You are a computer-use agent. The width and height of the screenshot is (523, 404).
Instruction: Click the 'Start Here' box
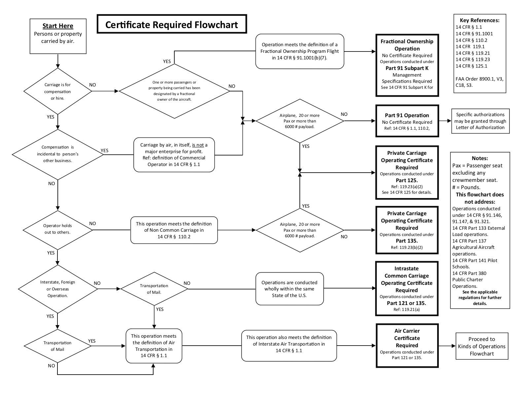coord(58,36)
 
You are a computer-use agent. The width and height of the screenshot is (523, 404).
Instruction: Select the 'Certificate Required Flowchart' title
coord(172,24)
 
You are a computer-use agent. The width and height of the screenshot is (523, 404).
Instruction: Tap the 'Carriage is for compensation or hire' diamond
coord(58,91)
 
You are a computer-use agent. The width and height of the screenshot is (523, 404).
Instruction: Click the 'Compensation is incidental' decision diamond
coord(58,154)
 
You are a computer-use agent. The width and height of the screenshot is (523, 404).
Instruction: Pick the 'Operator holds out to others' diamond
coord(57,229)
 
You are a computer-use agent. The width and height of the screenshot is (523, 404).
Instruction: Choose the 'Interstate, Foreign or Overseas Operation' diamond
coord(58,289)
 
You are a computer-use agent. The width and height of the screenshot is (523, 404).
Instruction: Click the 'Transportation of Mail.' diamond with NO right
coord(154,289)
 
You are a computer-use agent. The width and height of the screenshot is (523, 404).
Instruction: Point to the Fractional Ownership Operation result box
coord(407,65)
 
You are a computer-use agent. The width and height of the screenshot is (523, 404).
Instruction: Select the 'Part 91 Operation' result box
coord(407,121)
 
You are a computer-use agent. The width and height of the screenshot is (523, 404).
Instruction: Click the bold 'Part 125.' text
coord(407,180)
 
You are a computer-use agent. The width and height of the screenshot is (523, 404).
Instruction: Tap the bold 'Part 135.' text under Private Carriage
coord(407,241)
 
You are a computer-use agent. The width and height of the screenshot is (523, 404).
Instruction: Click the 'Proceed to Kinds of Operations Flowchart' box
coord(482,346)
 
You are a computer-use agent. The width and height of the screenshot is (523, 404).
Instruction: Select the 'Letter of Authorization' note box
coord(480,121)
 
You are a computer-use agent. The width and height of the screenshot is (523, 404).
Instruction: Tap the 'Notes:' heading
coord(480,158)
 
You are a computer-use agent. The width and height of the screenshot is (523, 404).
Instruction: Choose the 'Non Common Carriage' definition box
coord(174,230)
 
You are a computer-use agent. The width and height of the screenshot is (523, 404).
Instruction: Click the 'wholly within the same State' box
coord(289,289)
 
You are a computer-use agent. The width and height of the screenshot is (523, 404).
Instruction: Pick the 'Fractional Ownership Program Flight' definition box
coord(300,51)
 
